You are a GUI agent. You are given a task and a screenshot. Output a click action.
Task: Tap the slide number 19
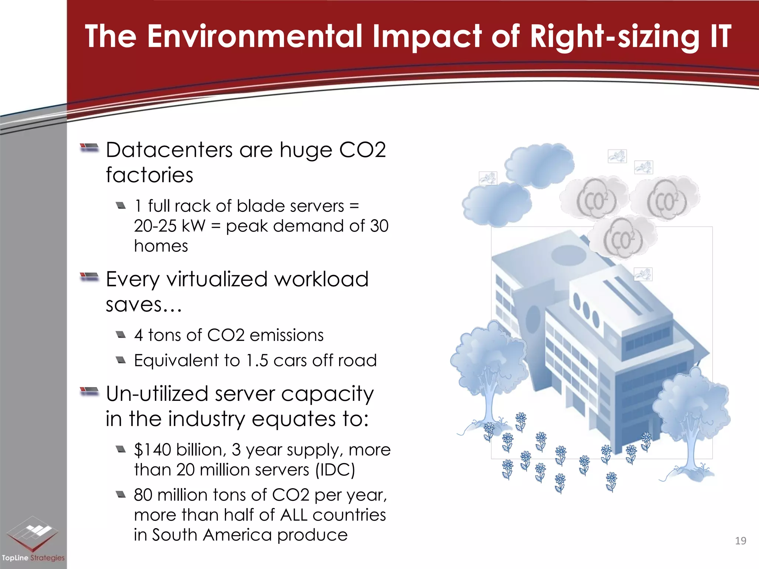coord(740,541)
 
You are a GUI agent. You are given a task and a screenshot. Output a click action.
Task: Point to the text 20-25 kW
coord(169,226)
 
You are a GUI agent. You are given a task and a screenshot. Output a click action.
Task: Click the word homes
coord(161,246)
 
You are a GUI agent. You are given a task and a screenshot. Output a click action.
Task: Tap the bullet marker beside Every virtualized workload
coord(89,277)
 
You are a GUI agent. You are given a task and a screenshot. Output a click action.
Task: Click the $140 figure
coord(152,450)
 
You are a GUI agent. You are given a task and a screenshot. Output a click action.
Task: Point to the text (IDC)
coord(335,470)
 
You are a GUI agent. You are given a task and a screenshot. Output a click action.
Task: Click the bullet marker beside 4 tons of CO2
coord(121,335)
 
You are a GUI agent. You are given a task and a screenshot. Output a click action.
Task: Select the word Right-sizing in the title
coord(614,36)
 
